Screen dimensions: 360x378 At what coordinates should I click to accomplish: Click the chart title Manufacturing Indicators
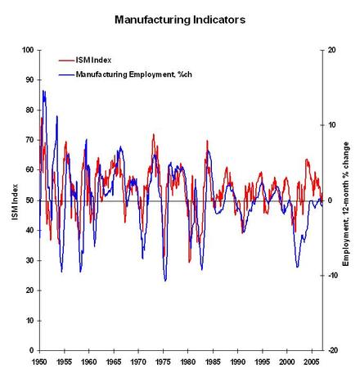tap(180, 20)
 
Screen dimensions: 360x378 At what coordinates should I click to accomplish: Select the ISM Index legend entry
tap(85, 60)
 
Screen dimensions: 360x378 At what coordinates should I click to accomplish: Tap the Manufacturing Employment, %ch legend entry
tap(125, 74)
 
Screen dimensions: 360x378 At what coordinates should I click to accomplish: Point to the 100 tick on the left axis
tap(28, 50)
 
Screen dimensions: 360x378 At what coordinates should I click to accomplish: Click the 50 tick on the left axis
tap(29, 200)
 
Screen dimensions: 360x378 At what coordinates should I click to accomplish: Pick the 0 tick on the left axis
tap(31, 350)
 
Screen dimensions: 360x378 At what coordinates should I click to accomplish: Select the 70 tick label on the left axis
tap(29, 140)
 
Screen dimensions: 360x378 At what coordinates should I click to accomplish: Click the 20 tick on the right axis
tap(332, 50)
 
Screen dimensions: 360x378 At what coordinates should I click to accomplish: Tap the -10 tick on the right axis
tap(333, 276)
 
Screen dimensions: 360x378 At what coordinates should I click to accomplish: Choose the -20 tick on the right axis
tap(333, 350)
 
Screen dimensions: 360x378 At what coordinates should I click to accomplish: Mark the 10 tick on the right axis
tap(331, 125)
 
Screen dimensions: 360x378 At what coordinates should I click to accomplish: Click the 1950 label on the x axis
tap(40, 362)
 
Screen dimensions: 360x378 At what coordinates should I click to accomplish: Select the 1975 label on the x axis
tap(163, 362)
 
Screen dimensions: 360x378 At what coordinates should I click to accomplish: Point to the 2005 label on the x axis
tap(312, 362)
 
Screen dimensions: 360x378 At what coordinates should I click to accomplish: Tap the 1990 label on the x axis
tap(237, 362)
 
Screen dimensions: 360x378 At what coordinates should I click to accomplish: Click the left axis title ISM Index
tap(15, 202)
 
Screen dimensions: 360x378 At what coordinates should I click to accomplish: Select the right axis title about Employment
tap(346, 204)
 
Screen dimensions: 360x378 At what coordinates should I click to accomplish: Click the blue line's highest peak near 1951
tap(43, 91)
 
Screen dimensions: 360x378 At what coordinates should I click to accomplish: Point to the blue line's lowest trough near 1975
tap(165, 281)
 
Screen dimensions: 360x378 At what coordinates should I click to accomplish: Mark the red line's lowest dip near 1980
tap(189, 262)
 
